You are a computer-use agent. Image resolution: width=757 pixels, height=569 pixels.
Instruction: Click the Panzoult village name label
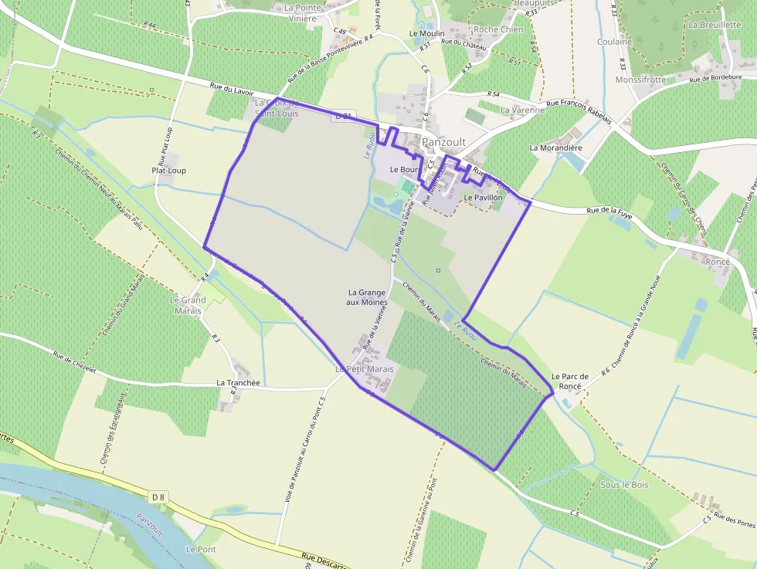coord(443,142)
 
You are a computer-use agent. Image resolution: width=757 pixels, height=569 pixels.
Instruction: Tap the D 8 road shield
coord(158,496)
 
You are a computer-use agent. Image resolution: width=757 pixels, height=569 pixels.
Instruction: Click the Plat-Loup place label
coord(168,171)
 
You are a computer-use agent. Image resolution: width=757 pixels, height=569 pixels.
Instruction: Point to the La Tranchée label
coord(238,382)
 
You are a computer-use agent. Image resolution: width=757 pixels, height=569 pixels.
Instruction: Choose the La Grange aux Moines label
coord(368,297)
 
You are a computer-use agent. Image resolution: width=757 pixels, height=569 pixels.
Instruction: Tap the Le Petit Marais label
coord(365,369)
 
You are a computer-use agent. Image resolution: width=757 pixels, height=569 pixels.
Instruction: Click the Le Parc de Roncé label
coord(569,381)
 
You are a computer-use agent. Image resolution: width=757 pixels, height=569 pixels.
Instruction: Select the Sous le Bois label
coord(624,485)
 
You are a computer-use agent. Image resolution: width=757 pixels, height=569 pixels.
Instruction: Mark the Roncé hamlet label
coord(718,262)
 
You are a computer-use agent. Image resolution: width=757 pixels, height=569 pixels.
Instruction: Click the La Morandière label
coord(555,147)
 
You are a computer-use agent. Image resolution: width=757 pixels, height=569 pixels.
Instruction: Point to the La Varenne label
coord(522,110)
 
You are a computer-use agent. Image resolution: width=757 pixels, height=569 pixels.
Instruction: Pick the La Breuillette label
coord(715,25)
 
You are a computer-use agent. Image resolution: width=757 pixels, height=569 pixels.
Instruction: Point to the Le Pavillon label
coord(484,198)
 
